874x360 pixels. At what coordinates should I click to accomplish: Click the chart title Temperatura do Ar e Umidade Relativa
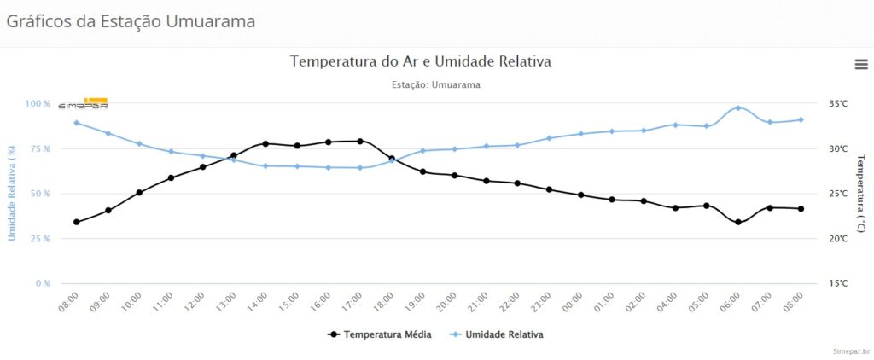[421, 61]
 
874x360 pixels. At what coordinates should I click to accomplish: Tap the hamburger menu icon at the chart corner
[861, 64]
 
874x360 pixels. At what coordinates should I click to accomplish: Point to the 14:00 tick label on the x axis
[259, 301]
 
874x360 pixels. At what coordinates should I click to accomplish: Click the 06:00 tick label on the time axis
[732, 301]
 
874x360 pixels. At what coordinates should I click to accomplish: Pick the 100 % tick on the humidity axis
[38, 104]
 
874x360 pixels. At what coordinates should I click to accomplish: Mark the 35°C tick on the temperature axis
[838, 104]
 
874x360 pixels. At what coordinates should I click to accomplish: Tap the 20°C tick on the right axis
[838, 239]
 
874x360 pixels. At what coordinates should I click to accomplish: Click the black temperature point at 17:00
[360, 141]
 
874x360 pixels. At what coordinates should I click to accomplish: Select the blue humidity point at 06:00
[738, 108]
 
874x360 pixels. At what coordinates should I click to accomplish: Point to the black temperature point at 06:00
[738, 222]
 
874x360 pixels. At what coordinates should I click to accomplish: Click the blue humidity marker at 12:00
[202, 156]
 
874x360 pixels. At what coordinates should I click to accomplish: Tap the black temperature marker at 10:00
[139, 192]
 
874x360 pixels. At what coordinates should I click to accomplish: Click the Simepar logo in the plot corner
[83, 104]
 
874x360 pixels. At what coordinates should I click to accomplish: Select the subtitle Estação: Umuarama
[435, 85]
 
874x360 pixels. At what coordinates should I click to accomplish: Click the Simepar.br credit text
[852, 351]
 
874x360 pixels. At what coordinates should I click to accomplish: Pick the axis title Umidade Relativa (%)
[12, 193]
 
